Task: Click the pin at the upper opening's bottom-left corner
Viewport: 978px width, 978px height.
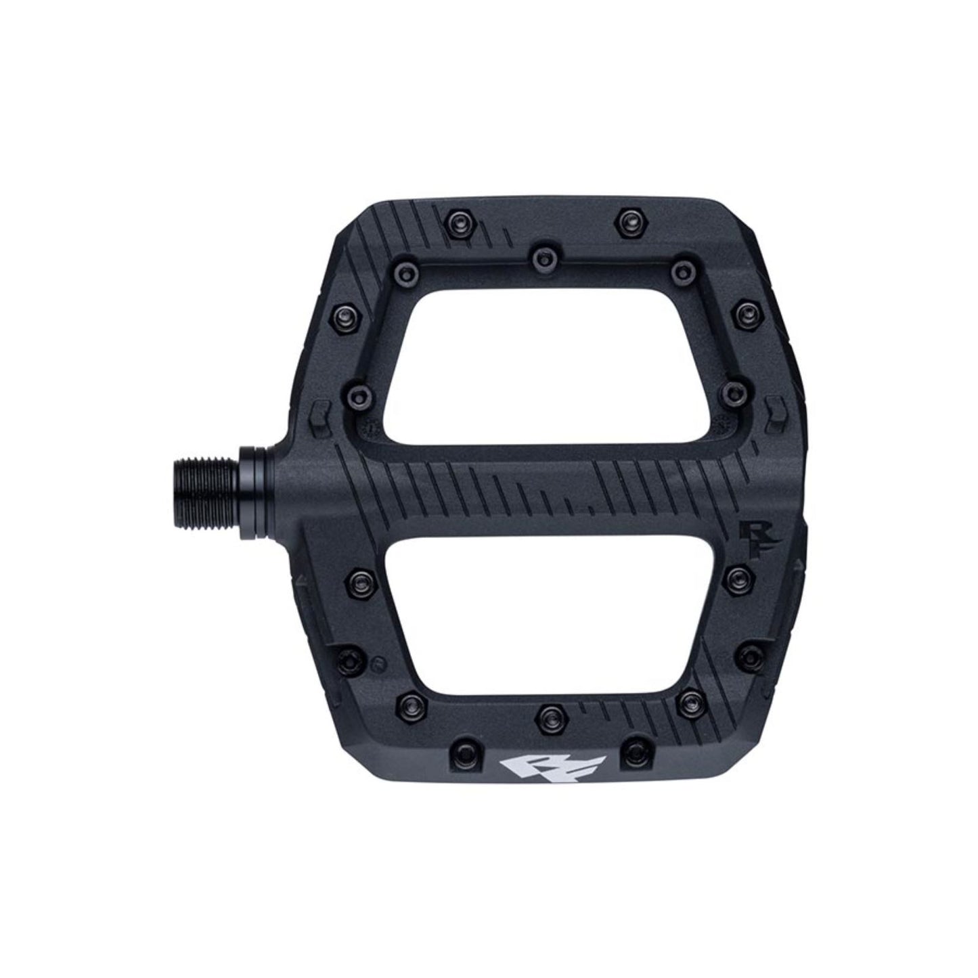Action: click(x=357, y=391)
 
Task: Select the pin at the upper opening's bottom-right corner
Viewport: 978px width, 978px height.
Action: click(x=732, y=391)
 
